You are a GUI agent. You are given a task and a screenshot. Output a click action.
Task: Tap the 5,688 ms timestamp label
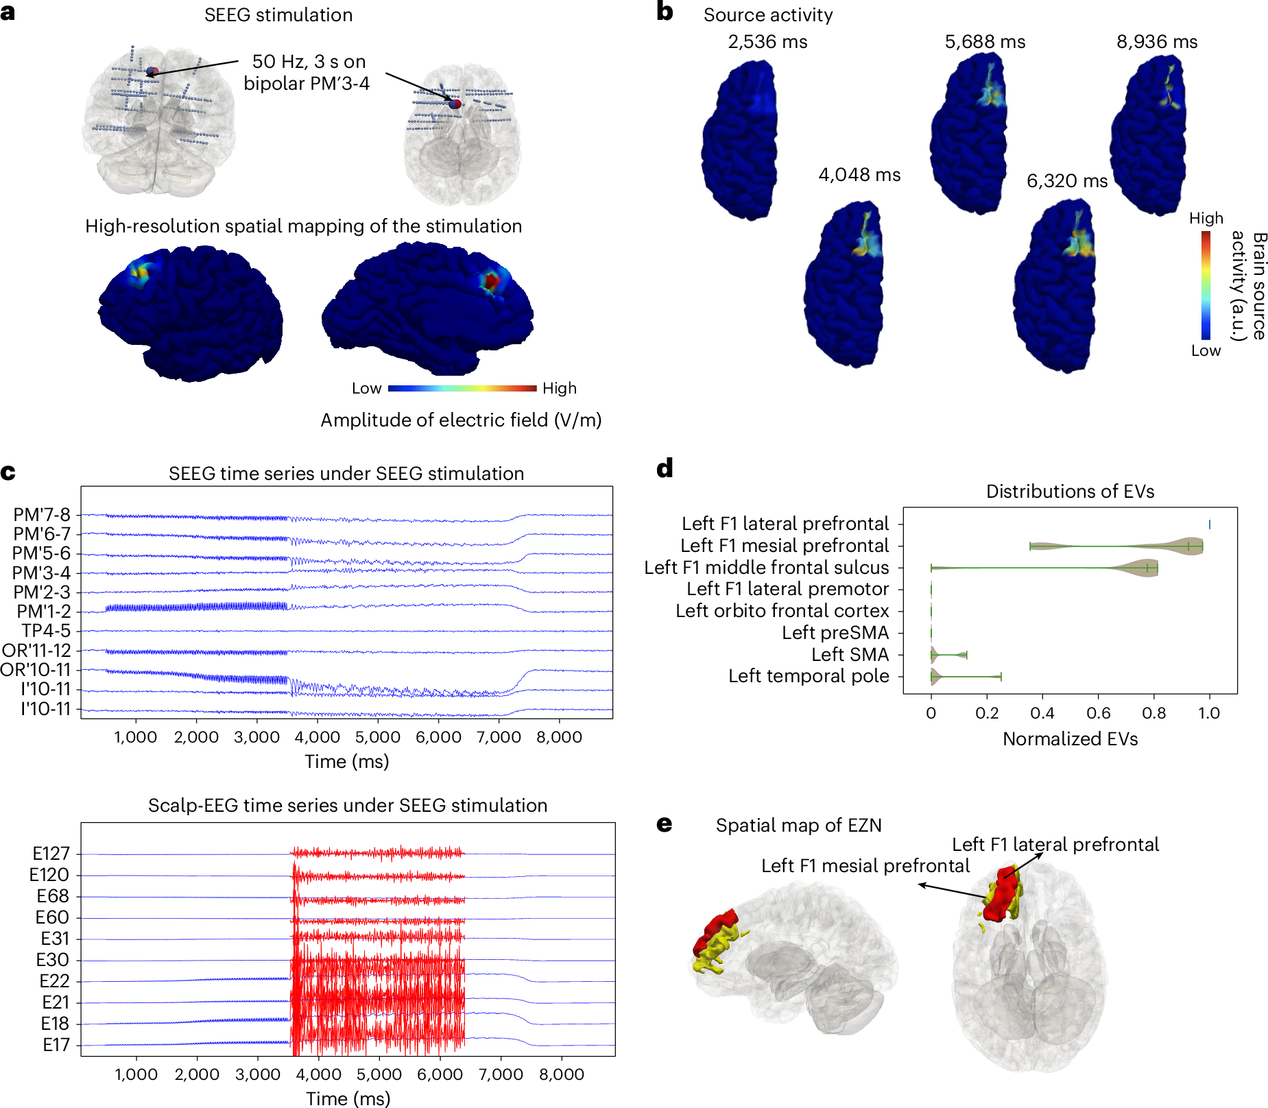(x=985, y=42)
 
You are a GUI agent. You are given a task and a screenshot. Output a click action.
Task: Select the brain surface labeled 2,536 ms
(x=740, y=141)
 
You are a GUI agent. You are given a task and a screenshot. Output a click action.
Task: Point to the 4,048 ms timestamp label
(x=859, y=175)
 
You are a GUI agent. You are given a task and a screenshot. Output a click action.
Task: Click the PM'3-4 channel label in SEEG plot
(x=42, y=573)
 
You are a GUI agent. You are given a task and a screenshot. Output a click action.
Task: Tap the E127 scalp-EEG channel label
(x=51, y=854)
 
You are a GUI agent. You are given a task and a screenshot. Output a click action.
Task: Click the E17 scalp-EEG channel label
(x=56, y=1045)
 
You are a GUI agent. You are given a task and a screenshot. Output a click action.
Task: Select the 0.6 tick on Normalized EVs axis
(x=1098, y=713)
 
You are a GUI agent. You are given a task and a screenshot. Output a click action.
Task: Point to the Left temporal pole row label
(x=809, y=676)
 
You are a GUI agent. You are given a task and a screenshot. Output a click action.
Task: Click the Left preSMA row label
(x=835, y=633)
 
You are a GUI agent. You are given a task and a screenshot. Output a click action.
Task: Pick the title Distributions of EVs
(x=1070, y=492)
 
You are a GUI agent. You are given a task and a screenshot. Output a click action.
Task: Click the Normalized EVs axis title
(x=1070, y=739)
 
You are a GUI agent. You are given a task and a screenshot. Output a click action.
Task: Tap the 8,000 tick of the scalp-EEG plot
(x=561, y=1074)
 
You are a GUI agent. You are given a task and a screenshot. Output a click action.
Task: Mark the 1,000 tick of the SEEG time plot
(x=135, y=738)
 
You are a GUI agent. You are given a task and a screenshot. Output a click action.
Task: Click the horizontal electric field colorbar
(x=462, y=388)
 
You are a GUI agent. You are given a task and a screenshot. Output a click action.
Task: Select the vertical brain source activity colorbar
(x=1206, y=285)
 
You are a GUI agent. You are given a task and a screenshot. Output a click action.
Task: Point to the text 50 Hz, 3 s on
(x=309, y=62)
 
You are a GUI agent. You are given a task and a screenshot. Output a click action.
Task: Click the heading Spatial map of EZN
(x=798, y=826)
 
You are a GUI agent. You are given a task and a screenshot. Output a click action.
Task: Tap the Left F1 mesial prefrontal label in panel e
(x=865, y=866)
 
